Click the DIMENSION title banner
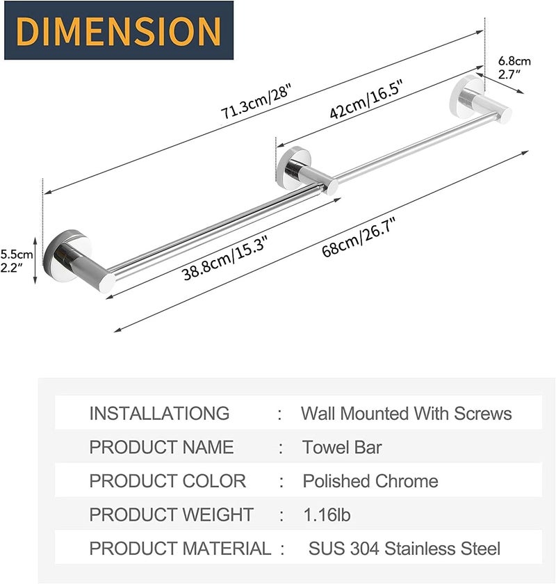(116, 31)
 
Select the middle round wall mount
(295, 165)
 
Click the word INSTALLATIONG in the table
(159, 413)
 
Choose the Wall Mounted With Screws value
(406, 414)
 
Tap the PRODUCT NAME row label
(161, 447)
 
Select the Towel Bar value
(342, 447)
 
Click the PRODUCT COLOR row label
(167, 481)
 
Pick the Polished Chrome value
(370, 481)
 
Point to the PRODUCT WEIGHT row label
(172, 515)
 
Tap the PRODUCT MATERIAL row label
(180, 549)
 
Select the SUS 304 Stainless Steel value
(404, 549)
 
